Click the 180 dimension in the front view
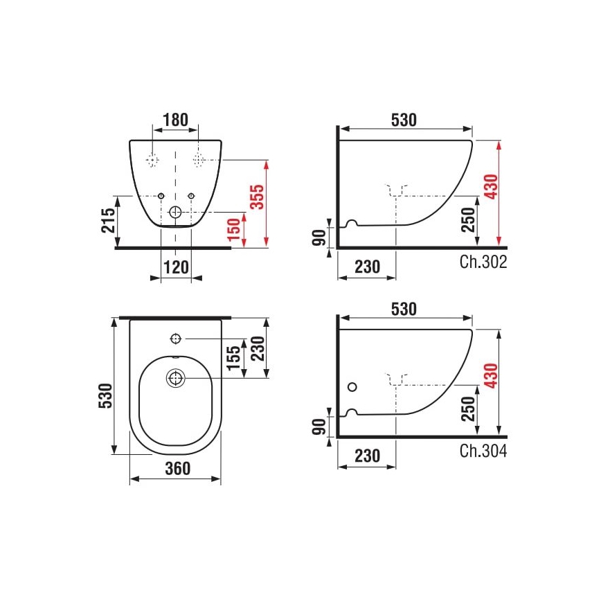pyautogui.click(x=174, y=120)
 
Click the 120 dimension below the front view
pyautogui.click(x=176, y=267)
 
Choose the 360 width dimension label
pyautogui.click(x=177, y=469)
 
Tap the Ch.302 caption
pyautogui.click(x=483, y=262)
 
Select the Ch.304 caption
pyautogui.click(x=483, y=451)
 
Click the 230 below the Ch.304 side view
pyautogui.click(x=367, y=456)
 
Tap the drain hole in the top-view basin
pyautogui.click(x=175, y=378)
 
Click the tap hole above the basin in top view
pyautogui.click(x=175, y=339)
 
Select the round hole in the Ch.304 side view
pyautogui.click(x=354, y=386)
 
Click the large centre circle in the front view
pyautogui.click(x=176, y=213)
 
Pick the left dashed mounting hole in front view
pyautogui.click(x=152, y=160)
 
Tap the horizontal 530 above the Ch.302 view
pyautogui.click(x=404, y=119)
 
